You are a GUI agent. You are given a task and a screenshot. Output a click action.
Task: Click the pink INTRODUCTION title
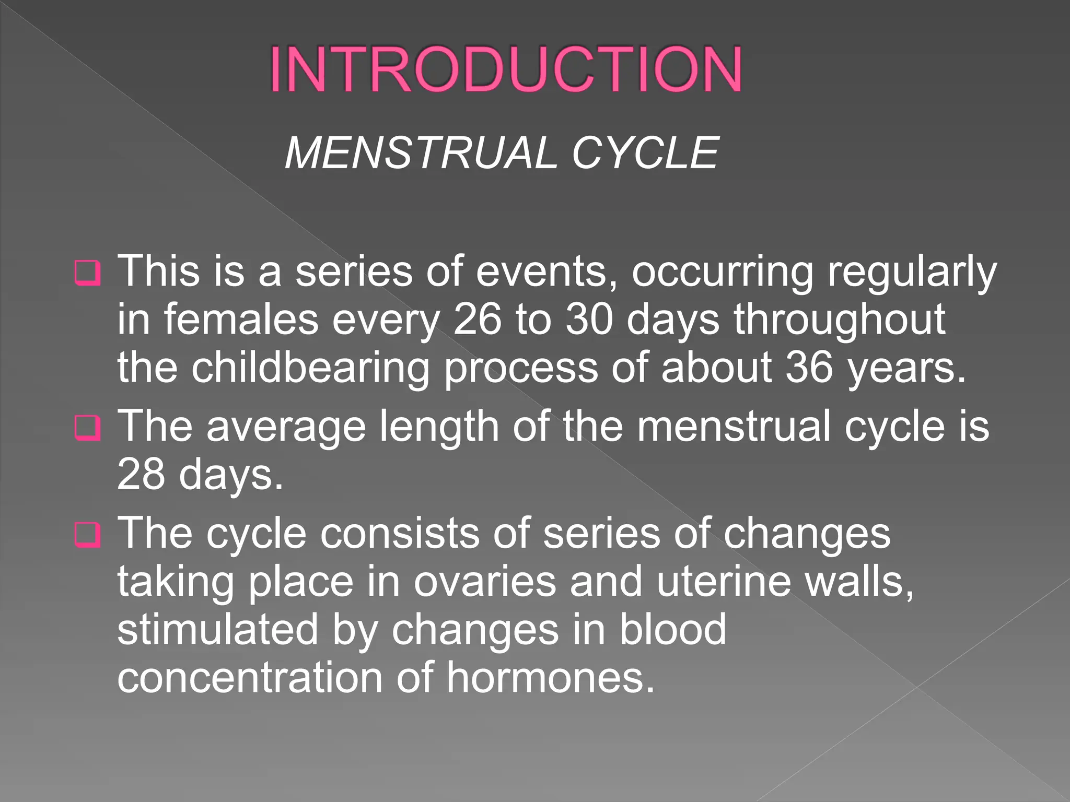pyautogui.click(x=505, y=69)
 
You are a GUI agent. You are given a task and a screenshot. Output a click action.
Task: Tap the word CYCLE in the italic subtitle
pyautogui.click(x=645, y=153)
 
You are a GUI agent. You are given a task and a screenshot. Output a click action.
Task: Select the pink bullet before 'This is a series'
pyautogui.click(x=87, y=273)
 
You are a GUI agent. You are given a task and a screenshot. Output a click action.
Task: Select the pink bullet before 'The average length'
pyautogui.click(x=87, y=428)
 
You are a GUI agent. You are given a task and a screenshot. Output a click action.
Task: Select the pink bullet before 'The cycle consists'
pyautogui.click(x=87, y=535)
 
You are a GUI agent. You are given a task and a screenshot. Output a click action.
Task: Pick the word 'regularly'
pyautogui.click(x=912, y=273)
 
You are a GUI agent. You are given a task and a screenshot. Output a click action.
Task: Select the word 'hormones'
pyautogui.click(x=550, y=678)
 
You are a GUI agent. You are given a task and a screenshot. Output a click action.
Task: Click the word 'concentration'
pyautogui.click(x=250, y=678)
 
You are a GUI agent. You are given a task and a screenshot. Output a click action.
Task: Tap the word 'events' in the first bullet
pyautogui.click(x=547, y=273)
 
